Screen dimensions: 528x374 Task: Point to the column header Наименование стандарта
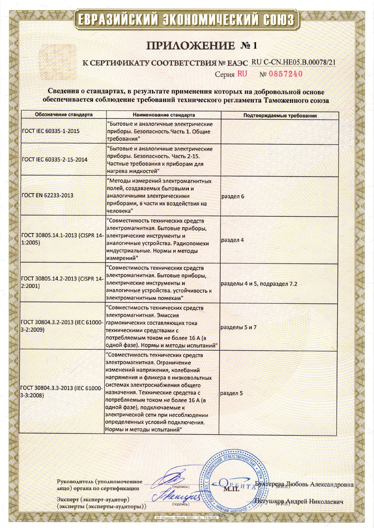(x=164, y=115)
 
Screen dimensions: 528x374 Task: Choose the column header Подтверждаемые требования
(x=280, y=116)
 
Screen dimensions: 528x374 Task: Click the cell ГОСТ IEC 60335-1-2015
(x=51, y=131)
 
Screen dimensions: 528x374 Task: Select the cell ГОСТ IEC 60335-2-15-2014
(x=54, y=159)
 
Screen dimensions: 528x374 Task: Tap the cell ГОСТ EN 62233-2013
(x=47, y=195)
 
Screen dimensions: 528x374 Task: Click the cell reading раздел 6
(x=233, y=196)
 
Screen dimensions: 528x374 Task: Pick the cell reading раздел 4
(x=233, y=240)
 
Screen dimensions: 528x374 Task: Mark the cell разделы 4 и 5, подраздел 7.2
(x=259, y=284)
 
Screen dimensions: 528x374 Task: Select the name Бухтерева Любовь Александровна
(x=304, y=484)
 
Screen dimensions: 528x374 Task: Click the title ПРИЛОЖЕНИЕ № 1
(x=202, y=45)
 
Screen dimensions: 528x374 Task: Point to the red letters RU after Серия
(x=242, y=74)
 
